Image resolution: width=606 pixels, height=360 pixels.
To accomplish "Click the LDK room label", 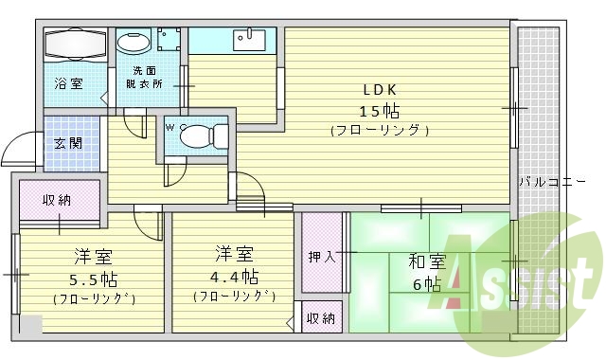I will pyautogui.click(x=381, y=90).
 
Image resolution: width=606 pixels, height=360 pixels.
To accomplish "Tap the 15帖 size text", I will pyautogui.click(x=381, y=110).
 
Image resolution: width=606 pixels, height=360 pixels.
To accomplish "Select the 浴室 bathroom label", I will pyautogui.click(x=67, y=83).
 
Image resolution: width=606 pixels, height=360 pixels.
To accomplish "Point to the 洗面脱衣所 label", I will pyautogui.click(x=145, y=78).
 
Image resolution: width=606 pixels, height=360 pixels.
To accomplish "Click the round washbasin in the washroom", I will pyautogui.click(x=130, y=41).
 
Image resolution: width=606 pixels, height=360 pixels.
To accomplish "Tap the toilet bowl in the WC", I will pyautogui.click(x=194, y=135).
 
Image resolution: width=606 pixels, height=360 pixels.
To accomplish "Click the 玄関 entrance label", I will pyautogui.click(x=67, y=144).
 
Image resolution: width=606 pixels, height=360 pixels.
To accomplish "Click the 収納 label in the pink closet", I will pyautogui.click(x=57, y=200).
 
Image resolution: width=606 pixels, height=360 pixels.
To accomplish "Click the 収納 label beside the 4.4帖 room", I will pyautogui.click(x=320, y=318).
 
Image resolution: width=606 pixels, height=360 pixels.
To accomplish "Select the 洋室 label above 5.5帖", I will pyautogui.click(x=95, y=256).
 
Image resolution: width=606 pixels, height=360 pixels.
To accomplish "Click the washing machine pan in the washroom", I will pyautogui.click(x=170, y=41).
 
